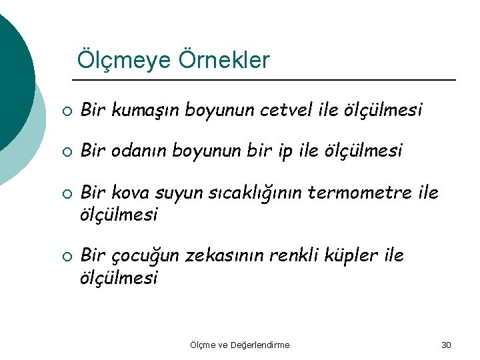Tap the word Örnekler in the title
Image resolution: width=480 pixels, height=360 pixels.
tap(224, 60)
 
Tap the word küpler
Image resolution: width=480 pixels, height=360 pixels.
tap(357, 256)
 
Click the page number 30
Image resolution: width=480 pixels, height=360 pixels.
tap(446, 345)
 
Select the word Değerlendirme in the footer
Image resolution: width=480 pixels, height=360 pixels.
tap(260, 345)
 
